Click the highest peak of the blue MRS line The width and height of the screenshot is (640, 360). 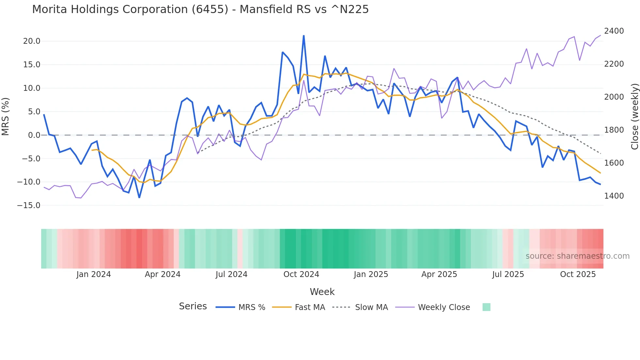[304, 36]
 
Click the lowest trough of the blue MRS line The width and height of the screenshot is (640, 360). [139, 198]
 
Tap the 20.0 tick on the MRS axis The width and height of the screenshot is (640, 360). [32, 41]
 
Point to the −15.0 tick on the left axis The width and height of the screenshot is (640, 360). [29, 205]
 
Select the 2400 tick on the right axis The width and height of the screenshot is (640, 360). [614, 31]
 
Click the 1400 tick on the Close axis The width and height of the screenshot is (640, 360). [614, 196]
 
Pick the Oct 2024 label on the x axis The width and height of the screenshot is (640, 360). [301, 274]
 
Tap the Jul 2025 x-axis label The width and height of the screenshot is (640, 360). [508, 274]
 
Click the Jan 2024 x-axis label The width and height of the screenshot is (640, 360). [93, 274]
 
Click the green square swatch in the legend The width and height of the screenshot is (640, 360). [486, 307]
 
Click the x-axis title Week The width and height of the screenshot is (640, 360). [322, 292]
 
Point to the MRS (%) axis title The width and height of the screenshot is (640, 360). [6, 116]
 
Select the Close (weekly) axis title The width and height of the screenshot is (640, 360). [634, 116]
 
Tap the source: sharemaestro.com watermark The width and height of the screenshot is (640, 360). [577, 256]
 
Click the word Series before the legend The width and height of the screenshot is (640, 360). [193, 306]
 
